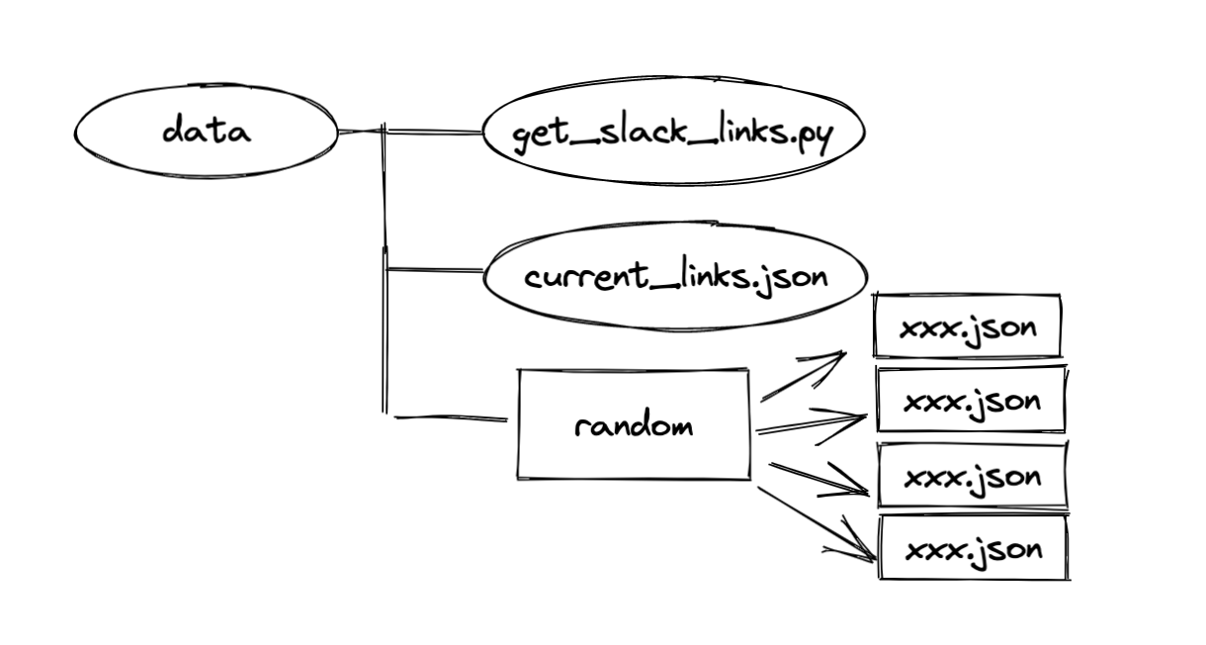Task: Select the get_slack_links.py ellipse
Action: coord(673,133)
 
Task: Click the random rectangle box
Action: coord(634,425)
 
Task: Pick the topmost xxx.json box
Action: coord(967,325)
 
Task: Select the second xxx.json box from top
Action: coord(972,400)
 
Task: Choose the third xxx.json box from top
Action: coord(973,476)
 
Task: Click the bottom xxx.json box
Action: coord(973,548)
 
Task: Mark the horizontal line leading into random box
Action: coord(450,418)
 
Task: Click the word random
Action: coord(634,426)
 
